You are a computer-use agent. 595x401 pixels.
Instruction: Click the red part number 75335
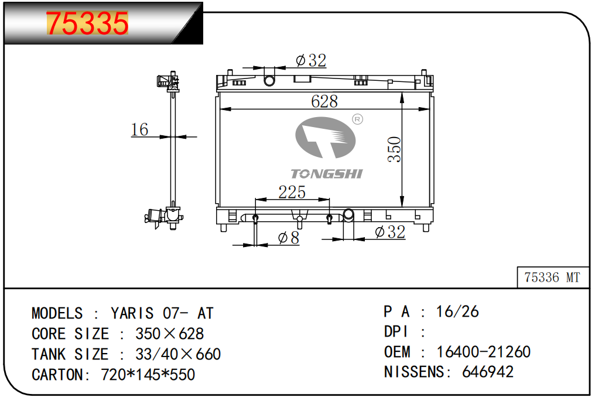click(87, 23)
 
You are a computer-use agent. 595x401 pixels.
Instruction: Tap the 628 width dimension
click(324, 101)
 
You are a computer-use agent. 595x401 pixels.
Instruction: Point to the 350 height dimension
click(394, 149)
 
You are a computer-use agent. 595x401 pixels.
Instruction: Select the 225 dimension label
click(292, 192)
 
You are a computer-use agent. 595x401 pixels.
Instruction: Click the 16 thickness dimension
click(139, 129)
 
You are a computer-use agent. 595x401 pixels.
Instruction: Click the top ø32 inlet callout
click(311, 60)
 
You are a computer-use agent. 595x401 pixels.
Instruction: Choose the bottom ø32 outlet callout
click(390, 232)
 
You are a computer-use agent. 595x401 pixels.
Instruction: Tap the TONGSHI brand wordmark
click(327, 174)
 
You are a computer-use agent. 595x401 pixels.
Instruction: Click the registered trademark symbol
click(357, 119)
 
